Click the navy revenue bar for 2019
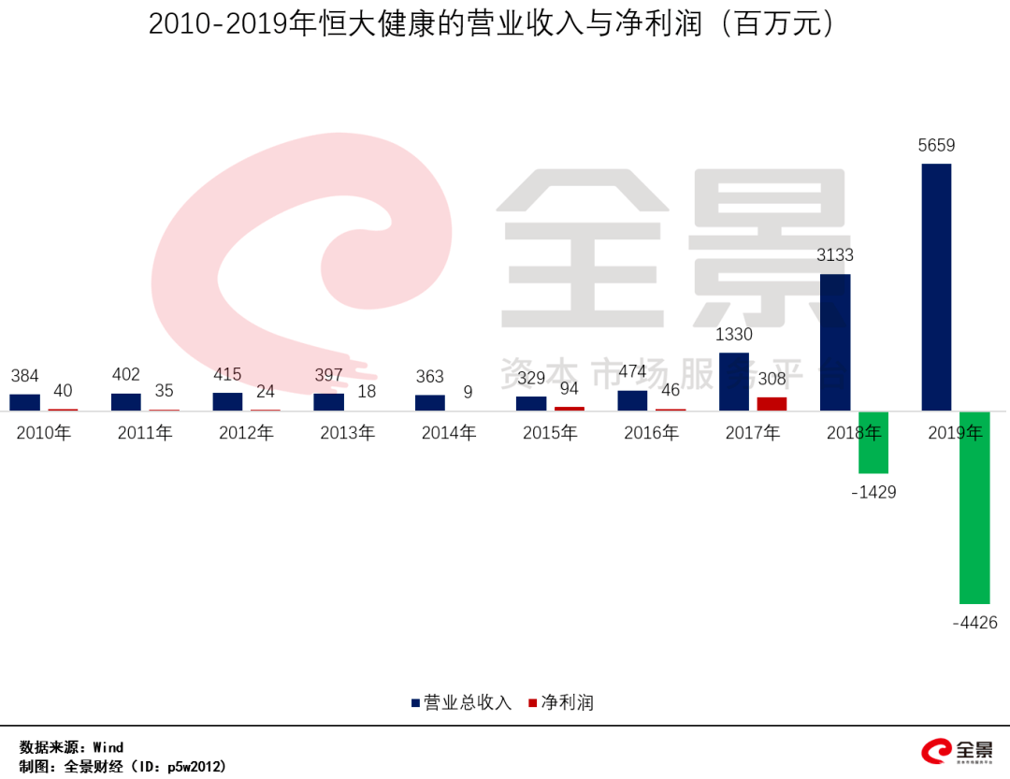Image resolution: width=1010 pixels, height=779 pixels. (936, 287)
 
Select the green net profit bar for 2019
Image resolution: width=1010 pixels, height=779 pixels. (974, 507)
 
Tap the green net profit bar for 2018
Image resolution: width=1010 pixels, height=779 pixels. (873, 442)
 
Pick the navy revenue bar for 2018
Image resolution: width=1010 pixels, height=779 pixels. (835, 342)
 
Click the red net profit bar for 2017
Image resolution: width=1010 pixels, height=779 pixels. (772, 404)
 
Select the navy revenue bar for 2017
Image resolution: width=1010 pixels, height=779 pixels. (734, 382)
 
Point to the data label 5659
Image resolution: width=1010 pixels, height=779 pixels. (936, 146)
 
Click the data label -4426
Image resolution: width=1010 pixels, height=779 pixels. (974, 622)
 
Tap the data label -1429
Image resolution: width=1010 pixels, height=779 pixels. (873, 492)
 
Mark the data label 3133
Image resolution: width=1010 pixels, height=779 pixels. (835, 255)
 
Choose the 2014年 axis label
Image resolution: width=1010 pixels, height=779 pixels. (449, 433)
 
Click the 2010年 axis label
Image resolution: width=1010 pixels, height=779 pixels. (44, 433)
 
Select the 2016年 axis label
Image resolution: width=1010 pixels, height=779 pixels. (651, 433)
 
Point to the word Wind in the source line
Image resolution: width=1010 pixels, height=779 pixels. (108, 747)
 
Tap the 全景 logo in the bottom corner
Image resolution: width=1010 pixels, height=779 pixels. (958, 751)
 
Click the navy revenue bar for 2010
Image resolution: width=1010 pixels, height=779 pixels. (25, 402)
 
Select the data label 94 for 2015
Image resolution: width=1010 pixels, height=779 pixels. (569, 389)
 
